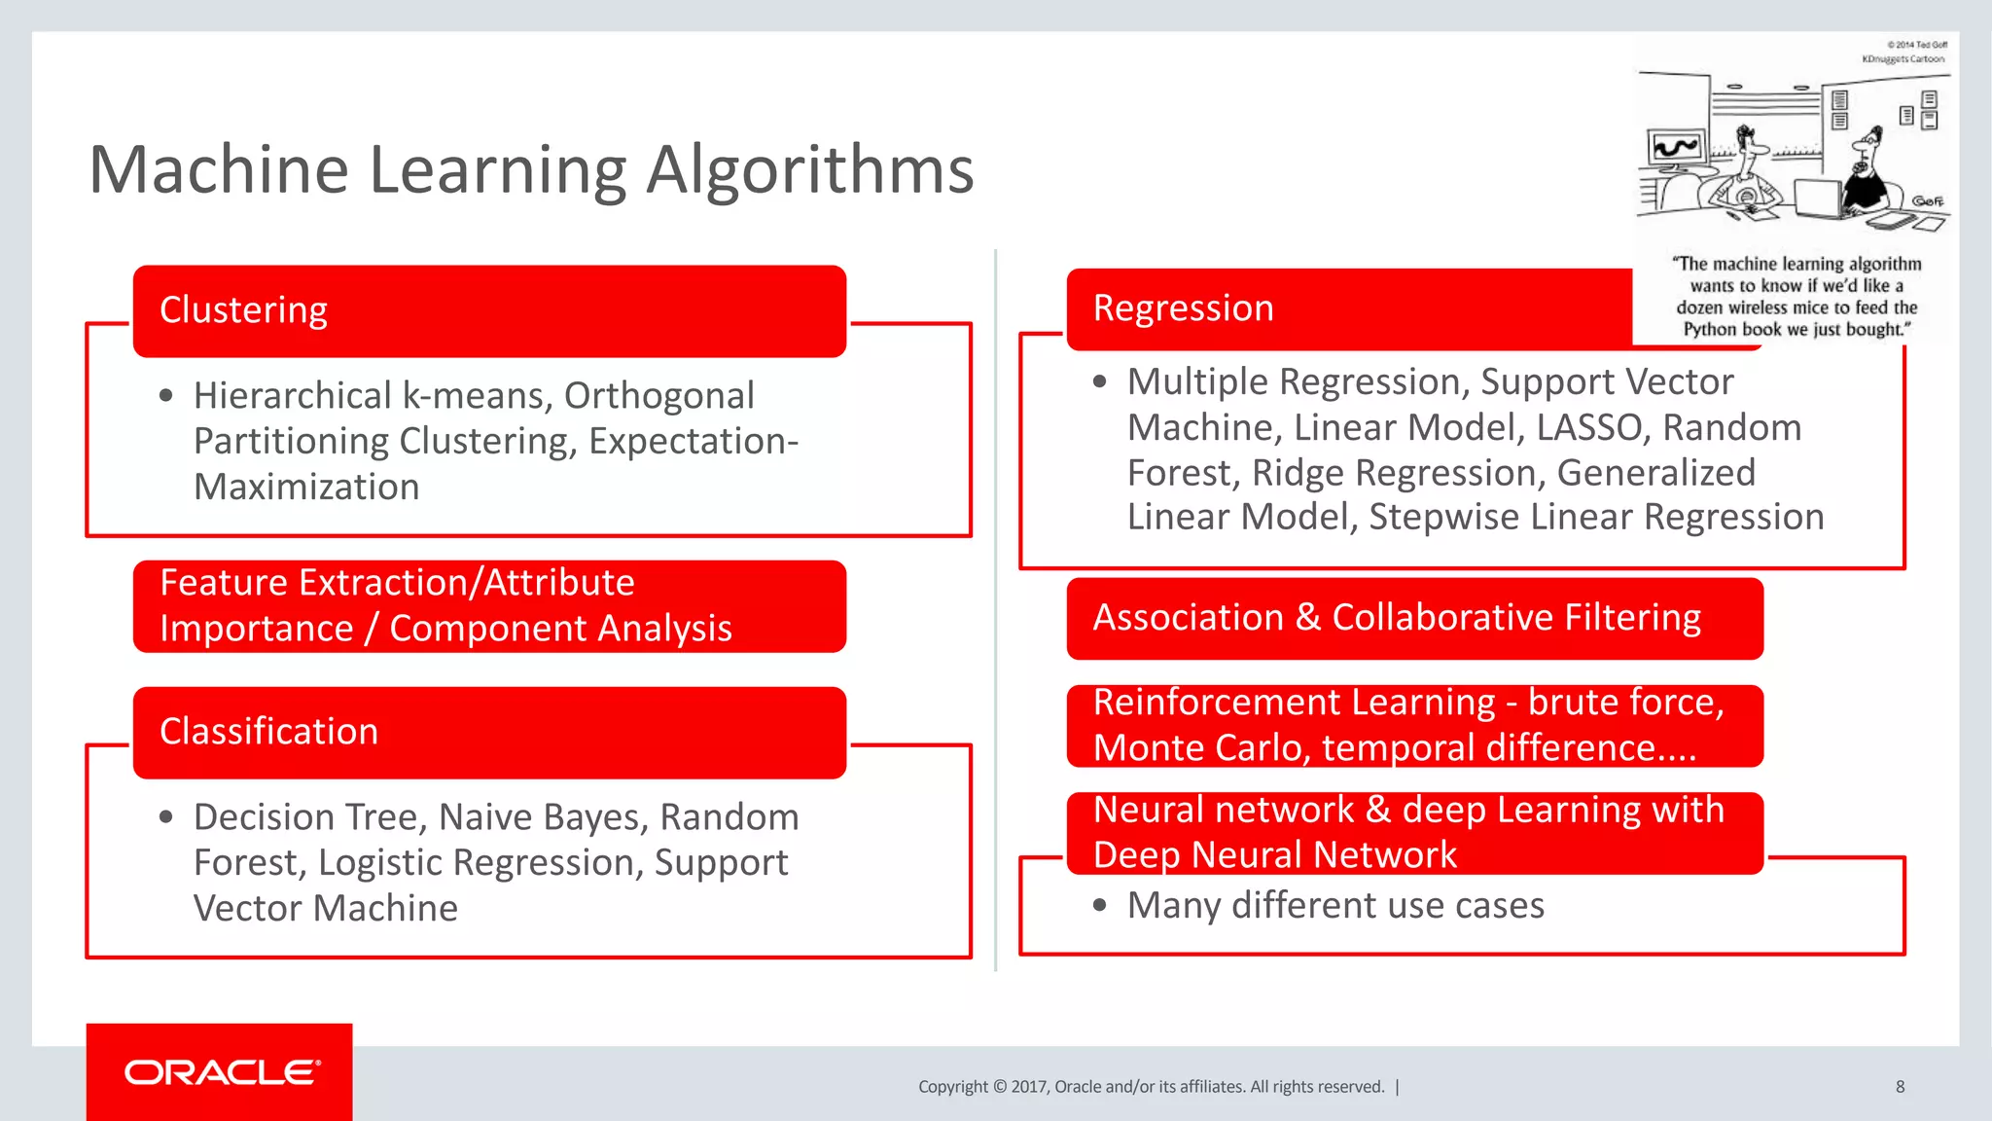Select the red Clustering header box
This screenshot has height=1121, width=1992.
coord(489,310)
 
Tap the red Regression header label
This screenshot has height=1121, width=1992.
coord(1183,308)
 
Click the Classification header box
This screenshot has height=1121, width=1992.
coord(489,732)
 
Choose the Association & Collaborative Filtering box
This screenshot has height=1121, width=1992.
coord(1414,618)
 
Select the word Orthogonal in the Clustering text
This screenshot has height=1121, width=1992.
coord(658,396)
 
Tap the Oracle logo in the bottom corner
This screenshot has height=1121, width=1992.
coord(221,1072)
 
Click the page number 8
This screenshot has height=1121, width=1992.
coord(1900,1087)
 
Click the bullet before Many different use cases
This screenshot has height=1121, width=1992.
coord(1100,906)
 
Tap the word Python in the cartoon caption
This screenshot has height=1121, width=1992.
coord(1711,330)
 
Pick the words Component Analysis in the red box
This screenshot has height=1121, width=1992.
coord(560,629)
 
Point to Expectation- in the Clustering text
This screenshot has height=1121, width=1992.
coord(693,442)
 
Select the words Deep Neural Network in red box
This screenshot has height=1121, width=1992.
coord(1274,855)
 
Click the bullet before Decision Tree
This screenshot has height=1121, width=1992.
coord(166,817)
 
